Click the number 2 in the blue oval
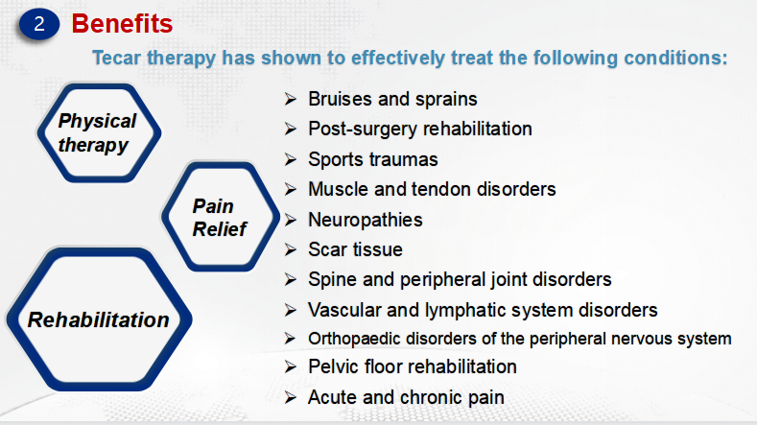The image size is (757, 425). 39,24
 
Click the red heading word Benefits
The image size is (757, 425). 122,23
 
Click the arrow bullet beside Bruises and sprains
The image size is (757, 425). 290,99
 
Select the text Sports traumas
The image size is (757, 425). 373,159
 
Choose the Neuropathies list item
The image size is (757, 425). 366,221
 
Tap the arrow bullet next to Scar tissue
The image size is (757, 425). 290,249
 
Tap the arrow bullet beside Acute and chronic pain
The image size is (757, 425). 290,397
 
